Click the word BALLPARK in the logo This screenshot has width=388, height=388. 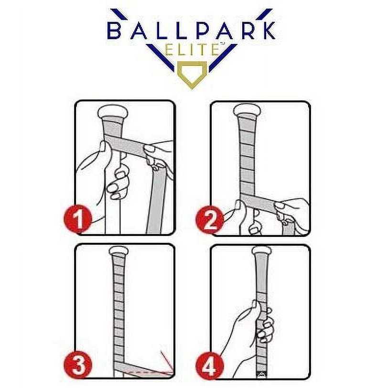pyautogui.click(x=191, y=31)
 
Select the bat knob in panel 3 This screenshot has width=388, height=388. pyautogui.click(x=118, y=251)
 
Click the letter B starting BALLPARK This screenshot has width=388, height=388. pyautogui.click(x=116, y=31)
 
